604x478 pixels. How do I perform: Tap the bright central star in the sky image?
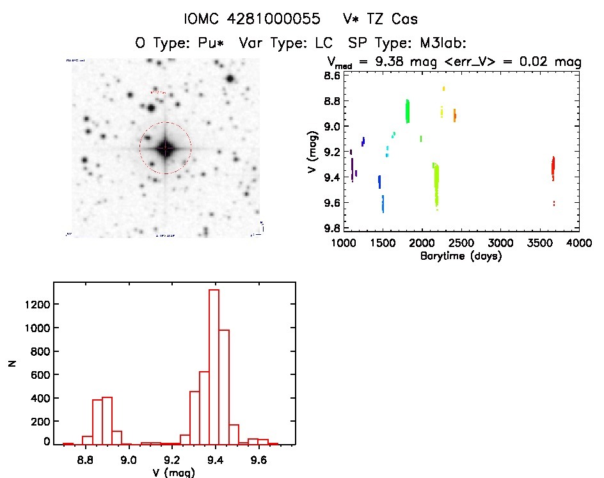coord(165,148)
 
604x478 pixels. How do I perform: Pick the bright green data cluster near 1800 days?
coord(408,111)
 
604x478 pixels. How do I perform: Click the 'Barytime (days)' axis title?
coord(461,256)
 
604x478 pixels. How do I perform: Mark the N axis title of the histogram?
coord(12,363)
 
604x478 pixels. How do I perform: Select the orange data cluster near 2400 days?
coord(455,115)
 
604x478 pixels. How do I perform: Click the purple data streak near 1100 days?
coord(352,170)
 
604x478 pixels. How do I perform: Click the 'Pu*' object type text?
coord(216,43)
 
